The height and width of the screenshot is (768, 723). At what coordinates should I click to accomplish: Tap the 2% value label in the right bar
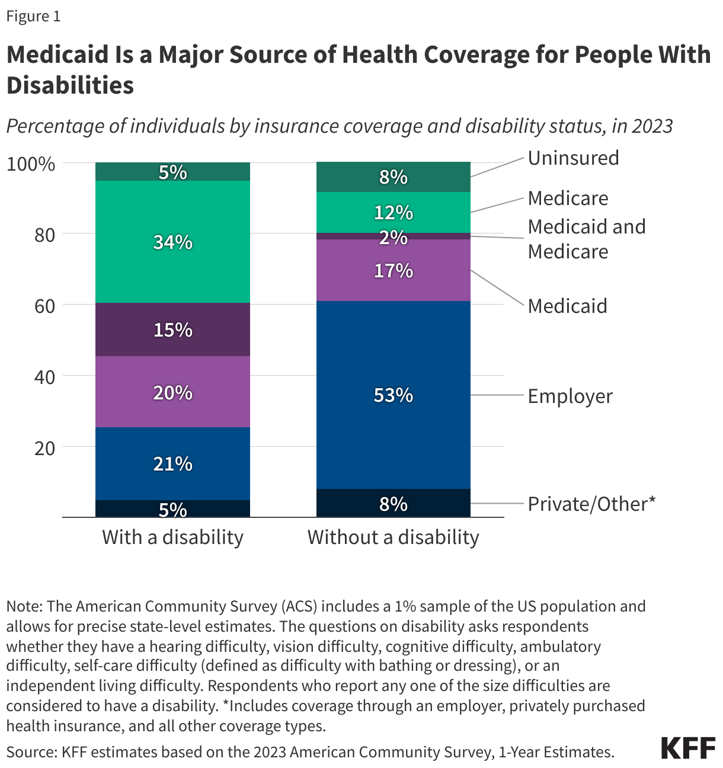pos(393,237)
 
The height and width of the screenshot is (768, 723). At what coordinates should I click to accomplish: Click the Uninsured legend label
pos(573,158)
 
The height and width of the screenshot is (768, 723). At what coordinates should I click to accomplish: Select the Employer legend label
pos(570,396)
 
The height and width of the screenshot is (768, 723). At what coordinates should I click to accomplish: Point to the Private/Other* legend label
pos(591,504)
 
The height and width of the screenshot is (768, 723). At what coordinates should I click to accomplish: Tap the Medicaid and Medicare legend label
pos(586,239)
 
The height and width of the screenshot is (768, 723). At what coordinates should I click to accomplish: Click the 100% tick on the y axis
pos(31,164)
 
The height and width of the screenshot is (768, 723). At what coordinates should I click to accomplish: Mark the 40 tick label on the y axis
pos(44,377)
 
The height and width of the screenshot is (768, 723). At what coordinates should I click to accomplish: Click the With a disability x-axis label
pos(172,537)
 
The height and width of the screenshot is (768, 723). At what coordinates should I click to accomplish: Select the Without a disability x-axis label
pos(393,537)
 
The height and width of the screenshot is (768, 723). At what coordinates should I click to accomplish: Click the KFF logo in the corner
pos(687,748)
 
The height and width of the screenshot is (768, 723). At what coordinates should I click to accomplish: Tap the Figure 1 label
pos(33,17)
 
